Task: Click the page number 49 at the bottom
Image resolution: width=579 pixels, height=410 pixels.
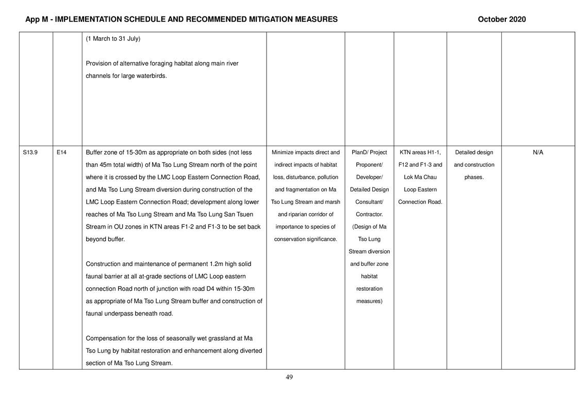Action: (289, 377)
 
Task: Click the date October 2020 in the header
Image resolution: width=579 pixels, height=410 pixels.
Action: (502, 19)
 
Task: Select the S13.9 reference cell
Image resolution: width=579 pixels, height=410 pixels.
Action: (30, 152)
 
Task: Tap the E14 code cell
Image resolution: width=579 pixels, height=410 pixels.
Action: (61, 152)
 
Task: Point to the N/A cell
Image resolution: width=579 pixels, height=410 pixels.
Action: (538, 152)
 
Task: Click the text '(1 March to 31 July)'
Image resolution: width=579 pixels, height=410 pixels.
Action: (113, 39)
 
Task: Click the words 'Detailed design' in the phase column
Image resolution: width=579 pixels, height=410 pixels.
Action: (474, 152)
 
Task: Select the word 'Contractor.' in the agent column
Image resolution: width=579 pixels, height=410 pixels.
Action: (369, 214)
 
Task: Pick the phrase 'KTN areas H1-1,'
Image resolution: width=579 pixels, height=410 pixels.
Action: (420, 152)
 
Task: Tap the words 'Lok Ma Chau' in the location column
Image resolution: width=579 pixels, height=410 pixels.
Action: (420, 177)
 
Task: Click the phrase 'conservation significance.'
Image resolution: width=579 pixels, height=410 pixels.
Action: (305, 239)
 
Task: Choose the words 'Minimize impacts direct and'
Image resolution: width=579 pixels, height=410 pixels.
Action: (305, 152)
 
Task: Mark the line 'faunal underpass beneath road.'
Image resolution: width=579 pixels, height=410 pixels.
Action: (129, 313)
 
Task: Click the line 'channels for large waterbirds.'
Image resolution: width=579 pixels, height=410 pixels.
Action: (126, 76)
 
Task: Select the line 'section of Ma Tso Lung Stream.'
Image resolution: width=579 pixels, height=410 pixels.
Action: (129, 363)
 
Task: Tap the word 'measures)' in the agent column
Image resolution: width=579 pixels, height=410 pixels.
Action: (369, 301)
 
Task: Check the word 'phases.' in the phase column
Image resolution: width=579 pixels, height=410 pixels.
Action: (474, 177)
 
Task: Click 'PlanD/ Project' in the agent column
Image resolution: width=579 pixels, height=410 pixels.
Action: (369, 152)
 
